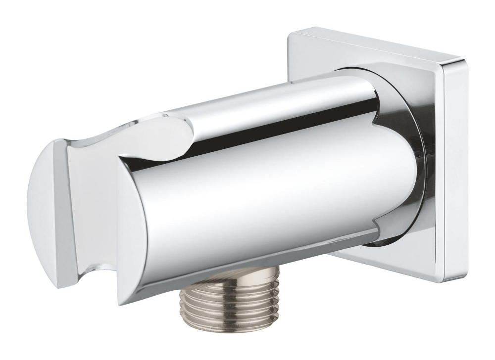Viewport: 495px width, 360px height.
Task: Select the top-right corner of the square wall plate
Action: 462,61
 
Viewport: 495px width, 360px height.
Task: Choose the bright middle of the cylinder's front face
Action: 257,198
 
